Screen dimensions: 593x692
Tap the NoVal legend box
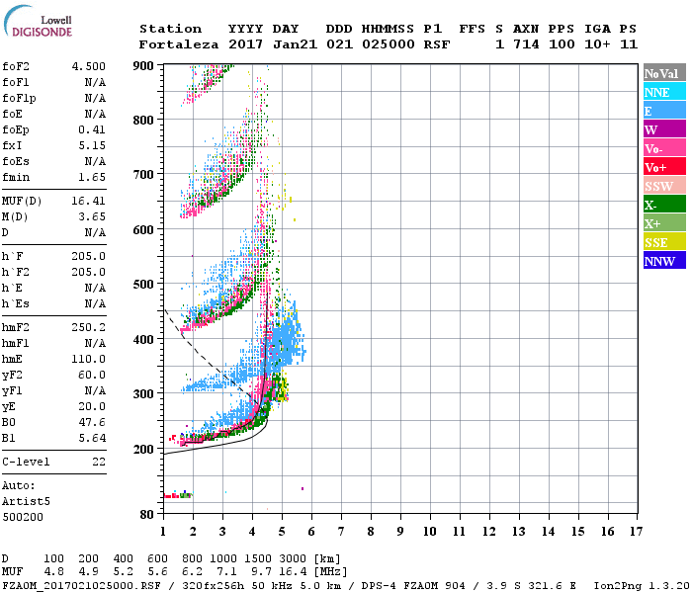point(663,73)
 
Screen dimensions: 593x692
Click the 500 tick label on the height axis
point(143,285)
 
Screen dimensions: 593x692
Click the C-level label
point(25,462)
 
